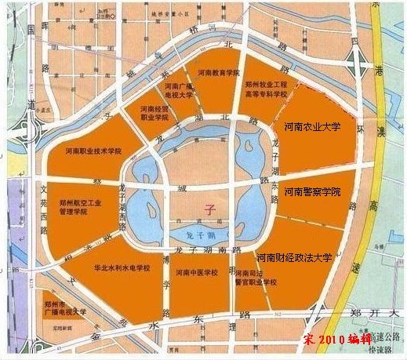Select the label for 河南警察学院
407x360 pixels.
[x=313, y=191]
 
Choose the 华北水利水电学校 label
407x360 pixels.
[x=122, y=267]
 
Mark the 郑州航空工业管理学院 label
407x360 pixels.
[x=82, y=205]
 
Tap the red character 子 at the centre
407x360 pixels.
[x=208, y=209]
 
